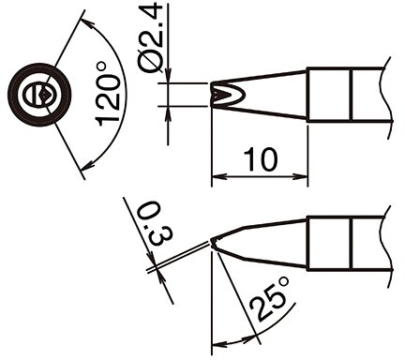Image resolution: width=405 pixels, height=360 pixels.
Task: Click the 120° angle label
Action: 108,94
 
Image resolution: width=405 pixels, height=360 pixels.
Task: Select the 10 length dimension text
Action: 260,159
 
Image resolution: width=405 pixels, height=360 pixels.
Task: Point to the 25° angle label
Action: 271,300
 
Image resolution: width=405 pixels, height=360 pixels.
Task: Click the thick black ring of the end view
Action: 39,67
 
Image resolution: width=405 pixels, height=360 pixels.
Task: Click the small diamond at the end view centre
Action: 44,94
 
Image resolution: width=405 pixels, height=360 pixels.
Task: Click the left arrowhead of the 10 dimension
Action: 217,177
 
